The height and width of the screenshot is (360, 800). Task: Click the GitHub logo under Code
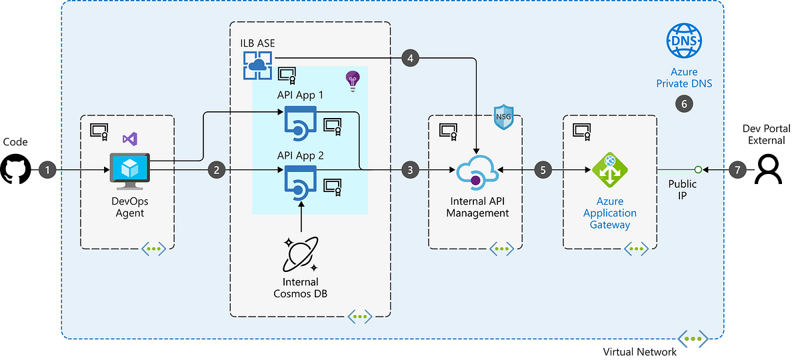click(x=16, y=169)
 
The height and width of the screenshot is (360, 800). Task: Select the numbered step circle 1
click(x=47, y=169)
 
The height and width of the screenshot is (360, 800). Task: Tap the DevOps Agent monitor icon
click(x=129, y=171)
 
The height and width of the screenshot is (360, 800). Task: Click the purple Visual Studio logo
click(x=130, y=139)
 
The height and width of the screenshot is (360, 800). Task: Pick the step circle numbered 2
click(x=217, y=169)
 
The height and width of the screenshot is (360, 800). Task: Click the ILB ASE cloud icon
click(x=257, y=65)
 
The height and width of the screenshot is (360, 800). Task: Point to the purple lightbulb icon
click(x=353, y=81)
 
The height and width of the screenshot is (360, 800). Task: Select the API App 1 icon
click(x=301, y=123)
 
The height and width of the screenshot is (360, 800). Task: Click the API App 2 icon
click(x=301, y=183)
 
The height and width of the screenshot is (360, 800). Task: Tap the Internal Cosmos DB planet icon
click(x=301, y=254)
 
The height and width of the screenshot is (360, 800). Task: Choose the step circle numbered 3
click(x=410, y=169)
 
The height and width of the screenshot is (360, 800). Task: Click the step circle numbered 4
click(x=410, y=58)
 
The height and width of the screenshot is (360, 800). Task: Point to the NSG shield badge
click(x=503, y=117)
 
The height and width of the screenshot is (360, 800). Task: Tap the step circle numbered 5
click(x=543, y=169)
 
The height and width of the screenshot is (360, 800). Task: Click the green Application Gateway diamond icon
click(x=610, y=170)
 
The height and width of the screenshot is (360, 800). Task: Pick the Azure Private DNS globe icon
click(x=684, y=41)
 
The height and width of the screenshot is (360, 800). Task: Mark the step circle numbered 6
click(x=684, y=104)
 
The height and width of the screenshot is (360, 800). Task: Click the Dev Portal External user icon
click(x=768, y=169)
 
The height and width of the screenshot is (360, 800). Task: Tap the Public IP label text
click(x=682, y=189)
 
